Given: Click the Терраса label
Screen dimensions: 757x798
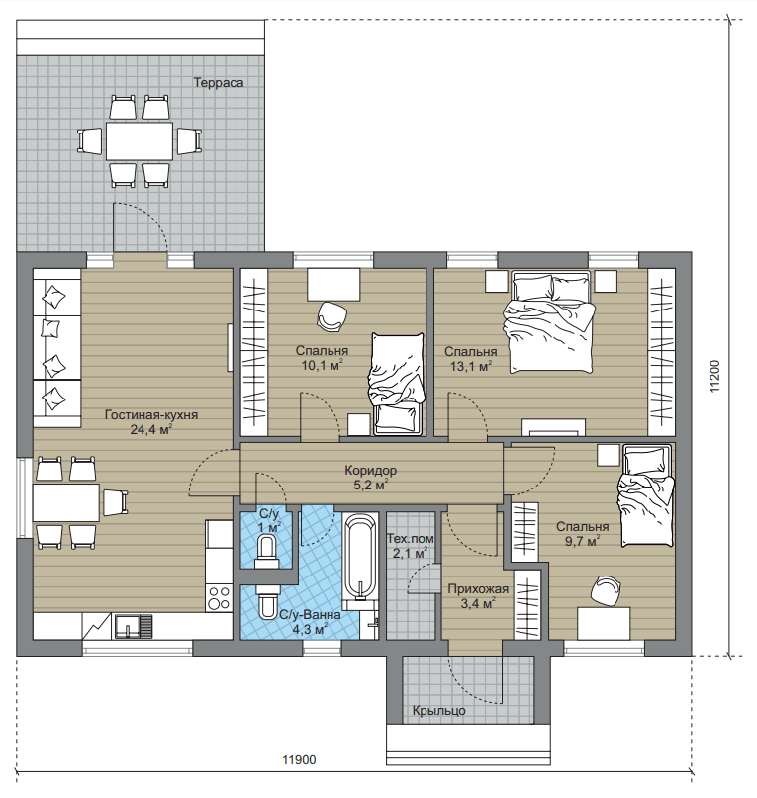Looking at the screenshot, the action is click(218, 82).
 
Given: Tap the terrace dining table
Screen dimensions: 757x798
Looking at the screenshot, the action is click(140, 140).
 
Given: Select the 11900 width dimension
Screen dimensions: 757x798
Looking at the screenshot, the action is click(299, 760).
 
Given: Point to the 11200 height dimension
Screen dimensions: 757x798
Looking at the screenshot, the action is click(715, 376).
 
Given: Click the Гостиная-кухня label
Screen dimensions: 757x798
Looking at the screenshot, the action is click(151, 415).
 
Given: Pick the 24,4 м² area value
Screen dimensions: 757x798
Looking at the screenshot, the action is click(151, 430).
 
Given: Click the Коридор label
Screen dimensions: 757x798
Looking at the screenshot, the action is click(370, 471).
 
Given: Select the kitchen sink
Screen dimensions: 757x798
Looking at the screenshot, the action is click(133, 627).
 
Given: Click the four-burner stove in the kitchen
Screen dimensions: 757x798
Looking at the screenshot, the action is click(219, 598).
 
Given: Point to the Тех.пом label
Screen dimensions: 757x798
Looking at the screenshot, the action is click(410, 539).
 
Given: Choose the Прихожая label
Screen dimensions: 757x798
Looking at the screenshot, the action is click(478, 589).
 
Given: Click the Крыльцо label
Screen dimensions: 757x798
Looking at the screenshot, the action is click(438, 710).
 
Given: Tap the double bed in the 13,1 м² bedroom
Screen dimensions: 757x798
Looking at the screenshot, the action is click(549, 322).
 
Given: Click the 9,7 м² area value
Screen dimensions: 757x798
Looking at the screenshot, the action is click(582, 541).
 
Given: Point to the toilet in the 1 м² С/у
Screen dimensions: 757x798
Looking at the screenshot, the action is click(266, 549).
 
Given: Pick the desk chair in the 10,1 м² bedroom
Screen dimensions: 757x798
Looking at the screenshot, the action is click(331, 316).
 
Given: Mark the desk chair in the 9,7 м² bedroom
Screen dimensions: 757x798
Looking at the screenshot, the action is click(606, 590).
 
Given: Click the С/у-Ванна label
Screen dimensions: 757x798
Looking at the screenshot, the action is click(310, 615).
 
